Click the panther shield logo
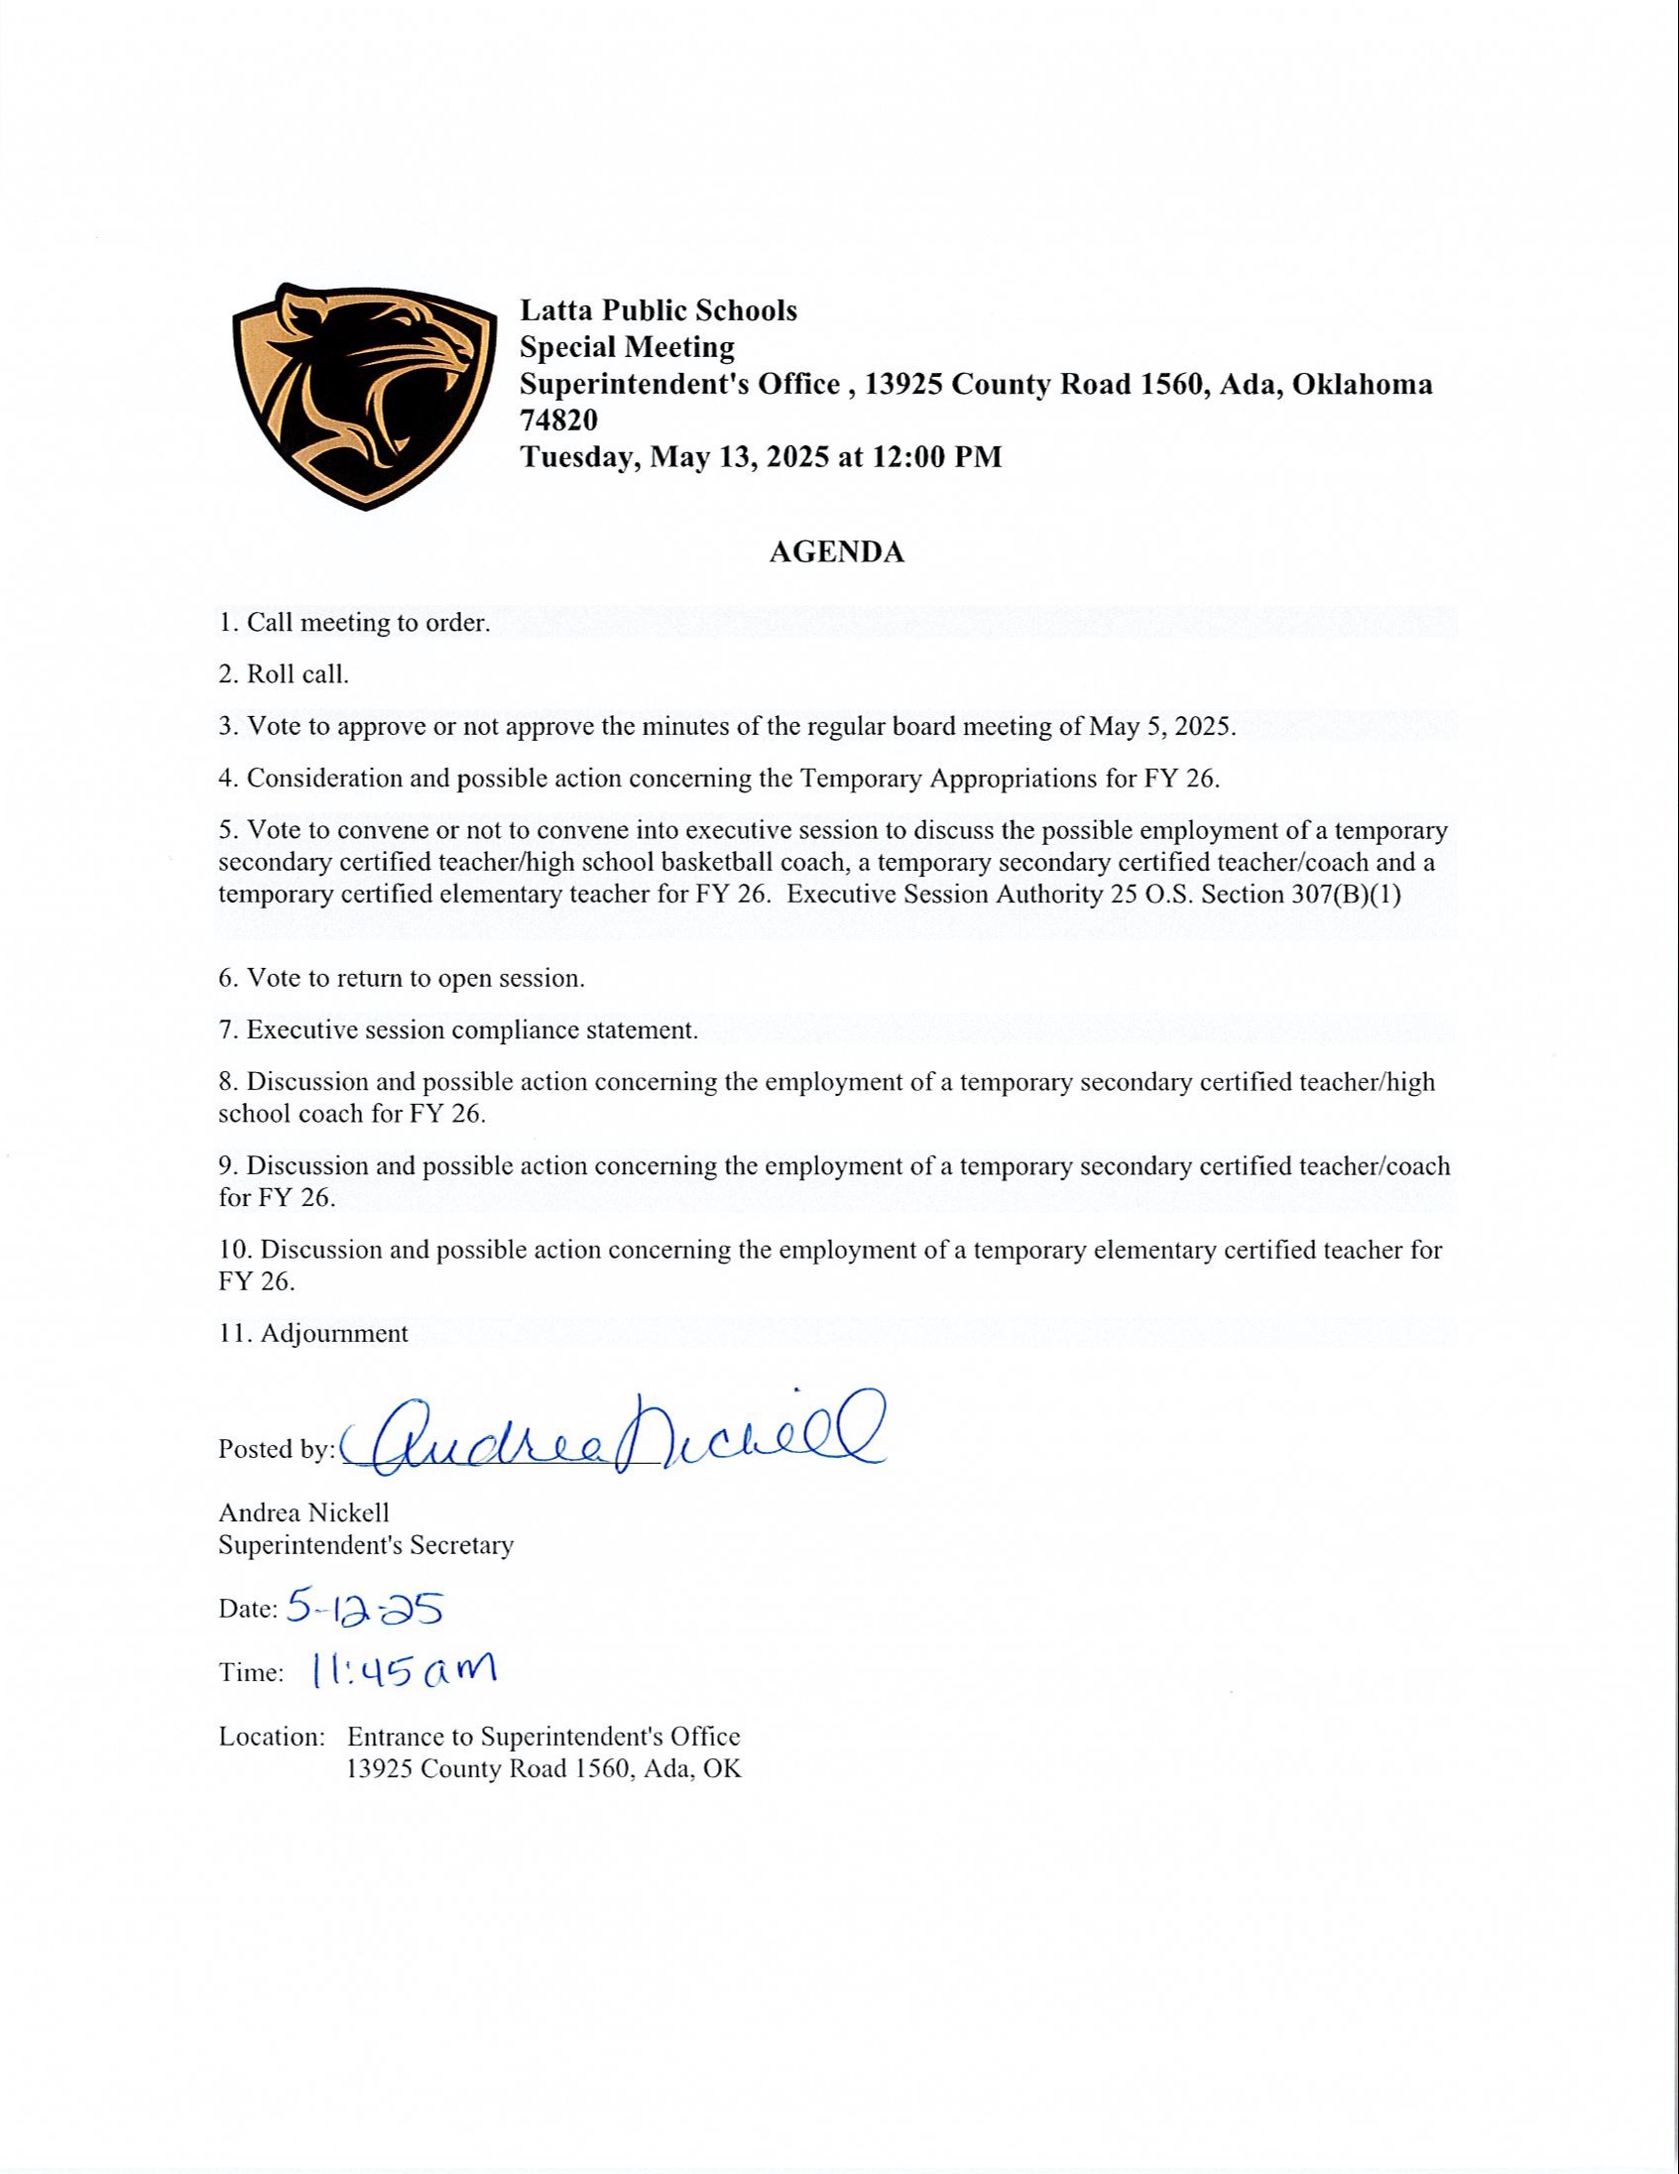[363, 395]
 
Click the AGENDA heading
[836, 552]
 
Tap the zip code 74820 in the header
[558, 421]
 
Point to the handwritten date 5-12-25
[363, 1608]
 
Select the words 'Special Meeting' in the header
[627, 347]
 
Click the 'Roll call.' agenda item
[298, 673]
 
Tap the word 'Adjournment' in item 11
[333, 1333]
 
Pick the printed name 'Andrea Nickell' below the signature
[303, 1512]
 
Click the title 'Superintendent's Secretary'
[365, 1545]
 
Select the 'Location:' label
[272, 1736]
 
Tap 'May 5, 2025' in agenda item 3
[1160, 726]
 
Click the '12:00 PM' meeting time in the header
[937, 457]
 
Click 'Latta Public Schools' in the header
[658, 310]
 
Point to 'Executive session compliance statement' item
[472, 1029]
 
